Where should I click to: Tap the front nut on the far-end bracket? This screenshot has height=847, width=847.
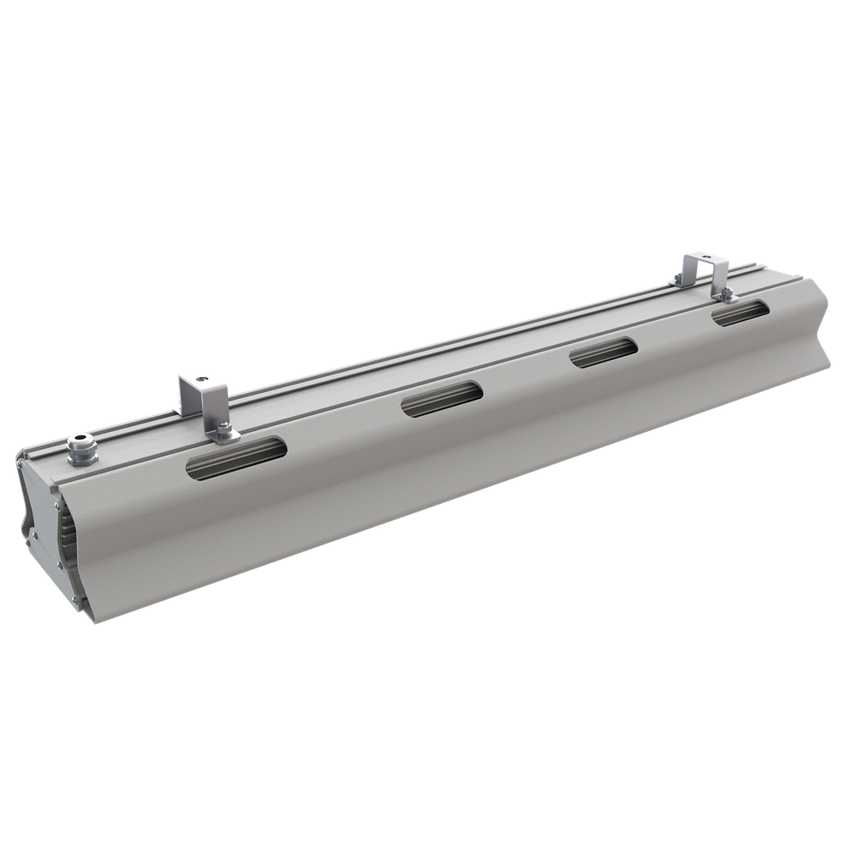tap(724, 293)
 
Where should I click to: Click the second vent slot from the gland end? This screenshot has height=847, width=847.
tap(440, 397)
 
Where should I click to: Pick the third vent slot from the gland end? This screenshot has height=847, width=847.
tap(602, 352)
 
